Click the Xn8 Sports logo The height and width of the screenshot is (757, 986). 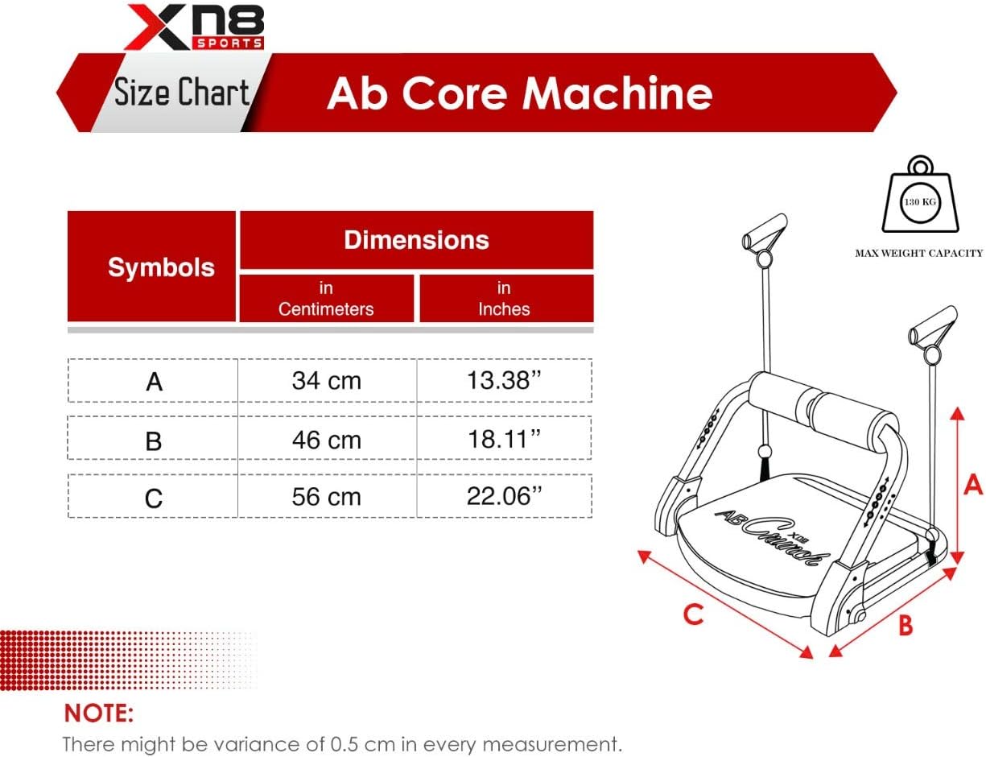tap(194, 27)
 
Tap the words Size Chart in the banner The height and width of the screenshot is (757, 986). tap(181, 92)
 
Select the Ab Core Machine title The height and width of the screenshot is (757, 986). tap(519, 93)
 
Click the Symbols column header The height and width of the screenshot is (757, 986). tap(161, 267)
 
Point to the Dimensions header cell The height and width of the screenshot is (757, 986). tap(416, 240)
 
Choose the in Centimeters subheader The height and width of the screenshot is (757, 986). tap(326, 299)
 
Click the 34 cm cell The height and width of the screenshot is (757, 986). tap(326, 380)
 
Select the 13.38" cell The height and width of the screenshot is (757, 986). tap(504, 380)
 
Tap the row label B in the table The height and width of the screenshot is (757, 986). tap(154, 441)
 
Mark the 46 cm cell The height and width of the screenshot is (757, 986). tap(326, 440)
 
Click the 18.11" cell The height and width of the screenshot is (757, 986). tap(504, 439)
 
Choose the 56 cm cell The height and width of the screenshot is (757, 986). tap(326, 497)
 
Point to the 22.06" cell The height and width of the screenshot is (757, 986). tap(504, 496)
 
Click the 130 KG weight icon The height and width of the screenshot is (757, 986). tap(920, 194)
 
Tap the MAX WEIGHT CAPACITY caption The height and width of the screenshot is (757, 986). tap(919, 253)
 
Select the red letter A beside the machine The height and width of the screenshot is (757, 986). tap(973, 484)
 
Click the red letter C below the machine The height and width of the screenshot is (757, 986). tap(693, 614)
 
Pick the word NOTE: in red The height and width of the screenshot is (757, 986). tap(99, 713)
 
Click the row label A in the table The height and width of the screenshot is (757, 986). tap(155, 382)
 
